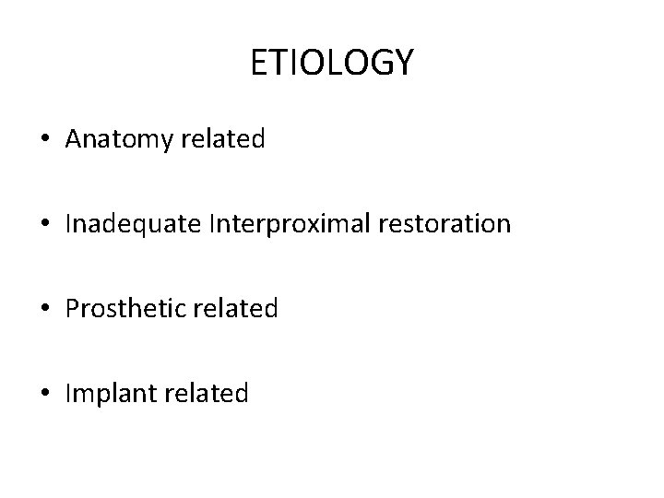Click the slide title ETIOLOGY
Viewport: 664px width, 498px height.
coord(332,63)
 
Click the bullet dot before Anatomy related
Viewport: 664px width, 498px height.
coord(45,140)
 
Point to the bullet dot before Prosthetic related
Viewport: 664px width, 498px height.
coord(45,310)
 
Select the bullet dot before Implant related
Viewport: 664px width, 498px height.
coord(45,395)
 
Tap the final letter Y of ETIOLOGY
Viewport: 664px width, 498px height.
coord(404,63)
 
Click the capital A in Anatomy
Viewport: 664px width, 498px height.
coord(74,139)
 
